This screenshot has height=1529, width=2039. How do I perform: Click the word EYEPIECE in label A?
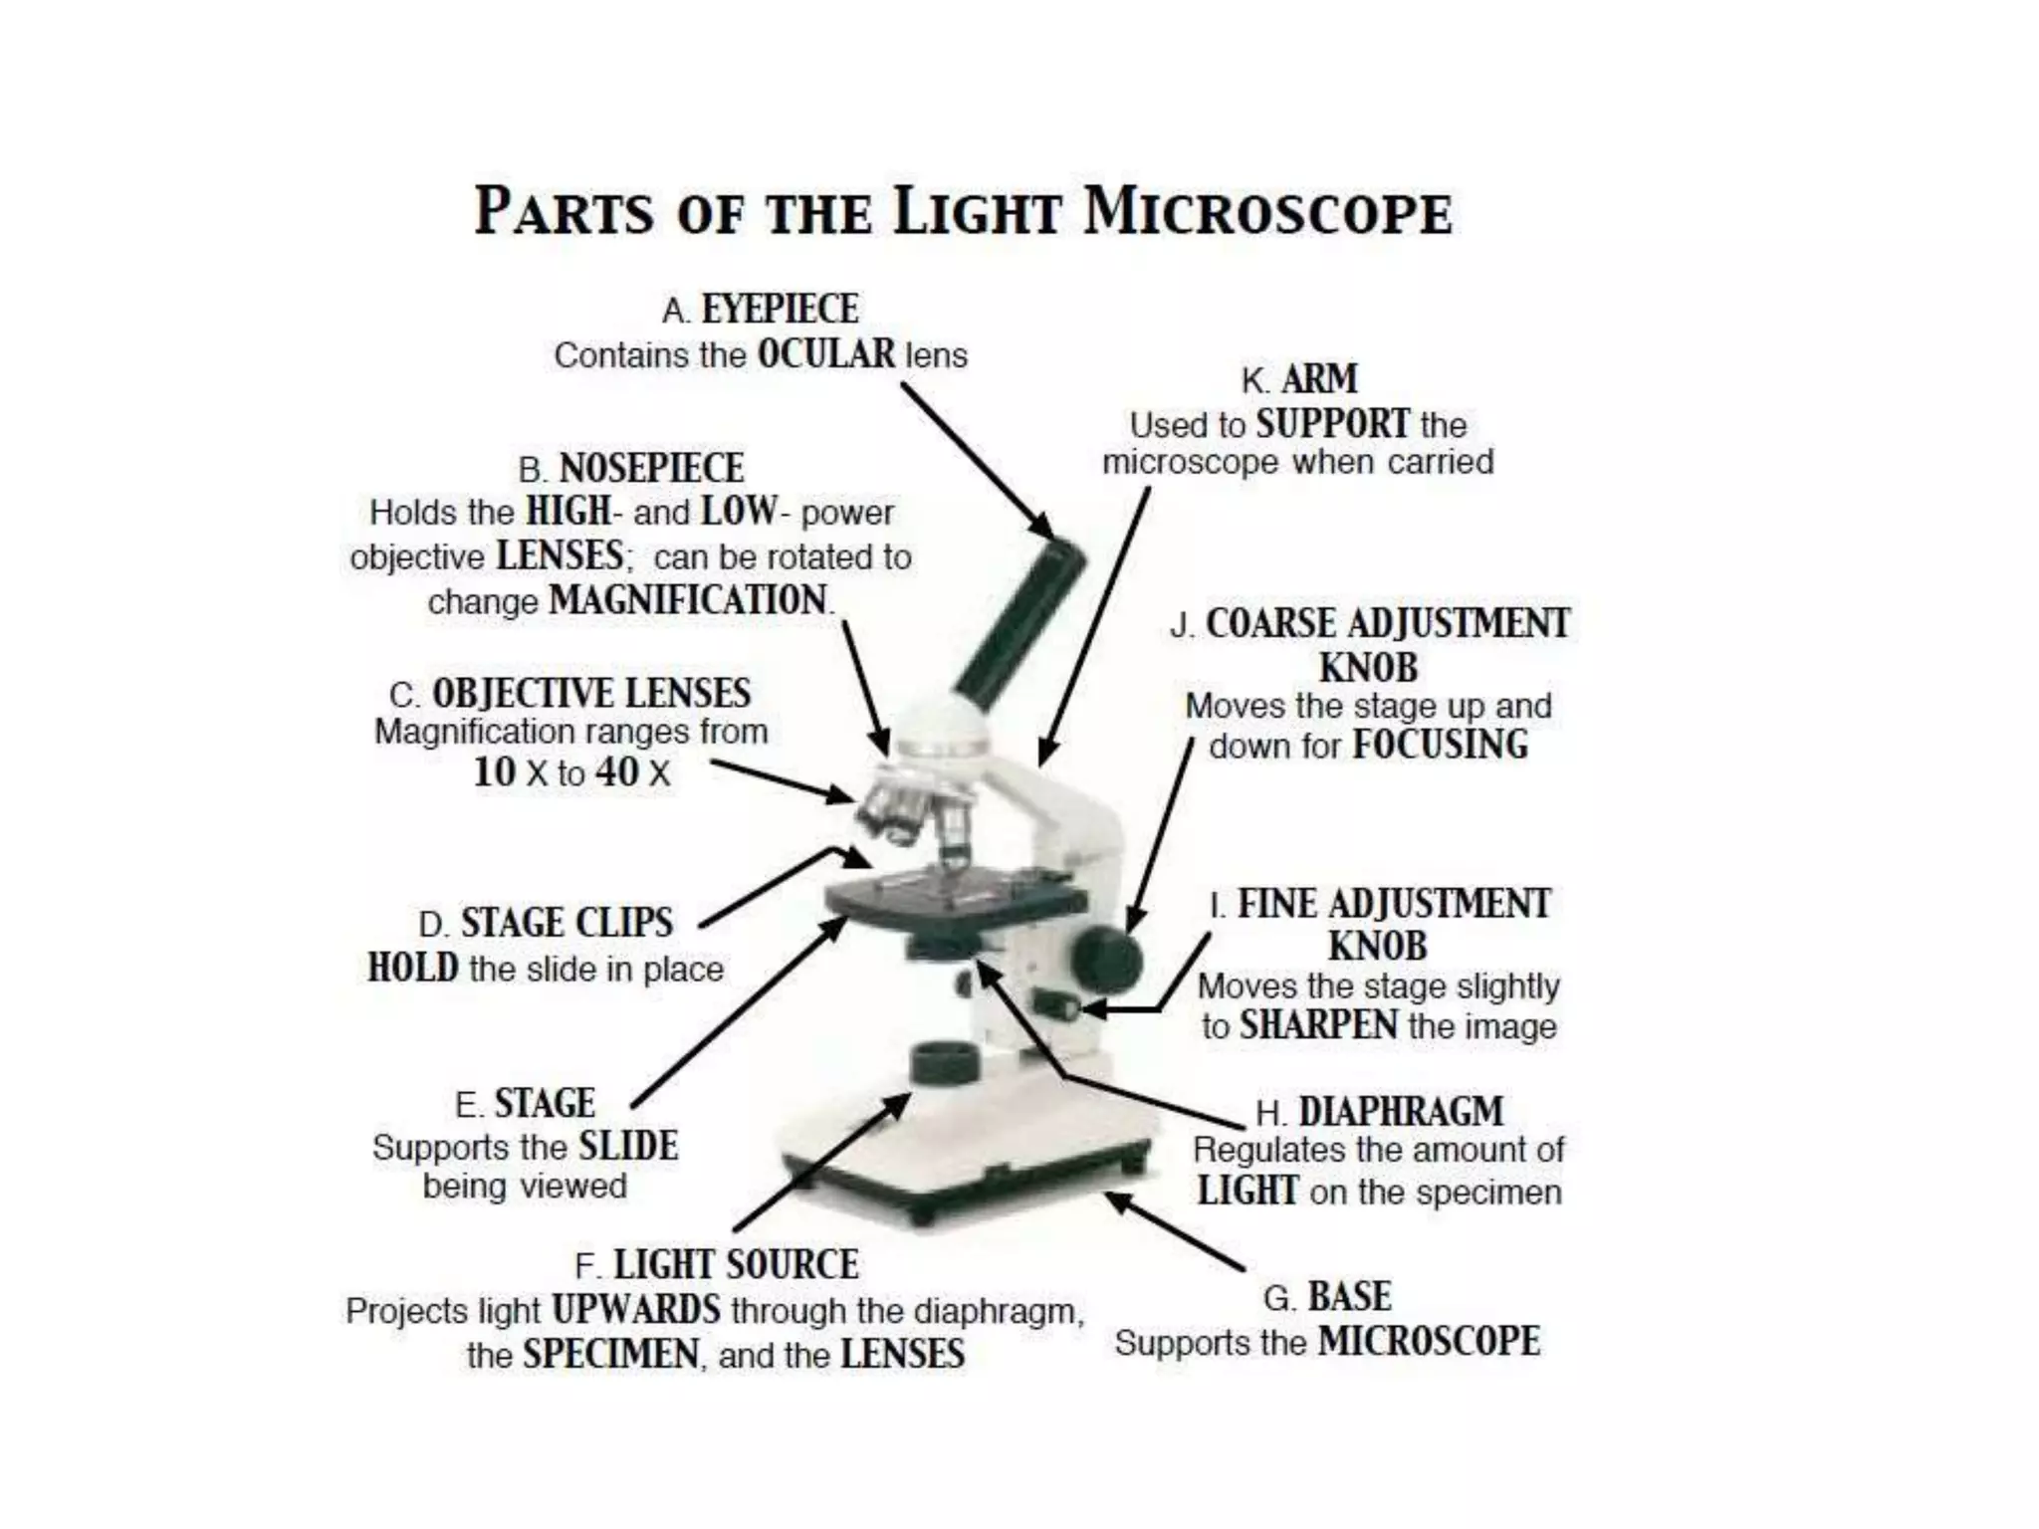tap(780, 310)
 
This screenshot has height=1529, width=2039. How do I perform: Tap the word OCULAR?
tap(826, 355)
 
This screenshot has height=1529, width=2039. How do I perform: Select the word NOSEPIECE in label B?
tap(651, 469)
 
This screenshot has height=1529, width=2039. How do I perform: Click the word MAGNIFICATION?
tap(688, 600)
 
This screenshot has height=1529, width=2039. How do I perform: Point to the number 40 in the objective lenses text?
tap(616, 772)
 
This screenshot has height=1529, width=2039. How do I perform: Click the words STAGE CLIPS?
tap(566, 923)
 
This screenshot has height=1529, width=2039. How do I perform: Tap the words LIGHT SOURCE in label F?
tap(736, 1265)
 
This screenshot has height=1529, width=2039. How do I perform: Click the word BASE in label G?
tap(1349, 1297)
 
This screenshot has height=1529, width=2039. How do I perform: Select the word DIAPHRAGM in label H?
tap(1401, 1112)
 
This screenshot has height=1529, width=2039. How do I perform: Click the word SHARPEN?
tap(1318, 1025)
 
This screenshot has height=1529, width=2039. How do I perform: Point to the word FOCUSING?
tap(1440, 746)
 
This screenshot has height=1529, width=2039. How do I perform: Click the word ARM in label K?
tap(1319, 379)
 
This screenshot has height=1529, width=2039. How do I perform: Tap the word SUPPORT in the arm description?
tap(1333, 425)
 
